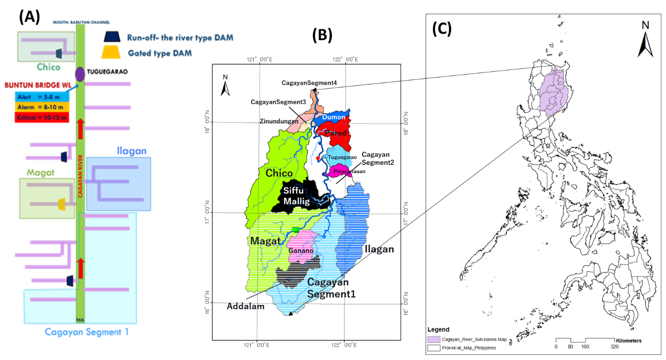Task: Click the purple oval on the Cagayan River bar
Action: [x=80, y=74]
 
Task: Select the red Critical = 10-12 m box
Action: [x=42, y=118]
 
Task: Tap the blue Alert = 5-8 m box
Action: [x=42, y=97]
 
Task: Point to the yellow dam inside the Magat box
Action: [x=61, y=204]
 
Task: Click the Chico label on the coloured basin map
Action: [x=279, y=173]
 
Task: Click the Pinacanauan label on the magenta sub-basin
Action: [x=348, y=172]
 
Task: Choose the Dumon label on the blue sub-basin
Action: [x=334, y=117]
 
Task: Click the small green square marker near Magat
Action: [x=295, y=229]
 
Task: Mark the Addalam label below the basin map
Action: [x=246, y=306]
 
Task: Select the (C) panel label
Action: [x=441, y=29]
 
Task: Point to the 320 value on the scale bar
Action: [x=614, y=347]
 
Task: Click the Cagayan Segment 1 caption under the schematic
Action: [x=86, y=332]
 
